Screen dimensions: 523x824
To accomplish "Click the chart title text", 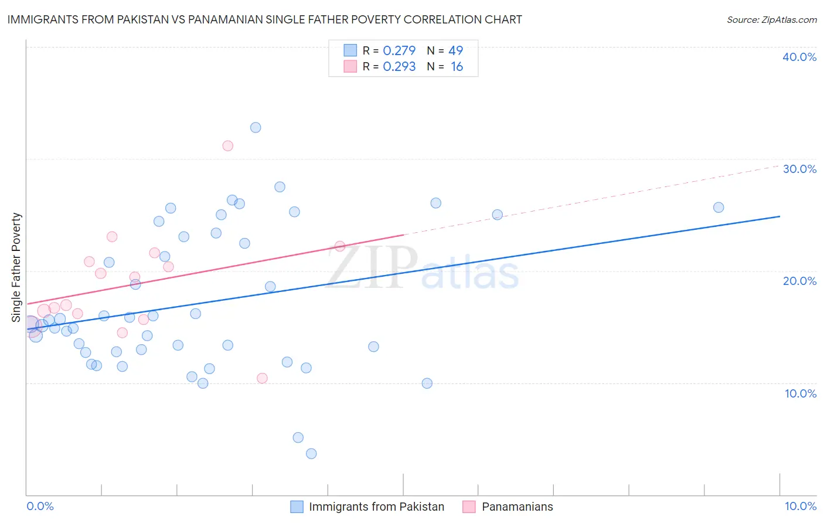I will coord(264,19).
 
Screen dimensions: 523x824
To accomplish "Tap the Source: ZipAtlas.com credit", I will coord(771,19).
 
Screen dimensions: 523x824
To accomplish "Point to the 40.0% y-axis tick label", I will coord(799,57).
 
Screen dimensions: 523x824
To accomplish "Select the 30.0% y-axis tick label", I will coord(799,169).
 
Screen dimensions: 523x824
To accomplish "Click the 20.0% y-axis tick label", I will coord(799,281).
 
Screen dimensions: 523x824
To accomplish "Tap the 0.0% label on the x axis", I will coord(40,506).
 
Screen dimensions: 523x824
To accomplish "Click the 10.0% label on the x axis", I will coord(801,506).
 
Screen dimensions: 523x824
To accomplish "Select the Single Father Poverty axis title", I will coord(16,267).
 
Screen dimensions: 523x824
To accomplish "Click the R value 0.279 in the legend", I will coord(399,50).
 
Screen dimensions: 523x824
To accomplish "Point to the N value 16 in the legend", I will coord(457,67).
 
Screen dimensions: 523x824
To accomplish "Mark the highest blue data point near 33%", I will coord(256,127).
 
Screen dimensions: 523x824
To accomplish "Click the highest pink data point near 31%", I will coord(228,145).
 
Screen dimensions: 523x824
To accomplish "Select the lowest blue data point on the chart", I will coord(311,453).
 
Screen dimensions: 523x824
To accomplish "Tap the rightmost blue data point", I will coord(719,207).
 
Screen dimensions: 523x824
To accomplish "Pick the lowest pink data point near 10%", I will coord(262,378).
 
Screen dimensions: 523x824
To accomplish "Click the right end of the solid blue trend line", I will coord(779,216).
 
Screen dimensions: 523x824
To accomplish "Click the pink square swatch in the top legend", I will coord(350,66).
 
